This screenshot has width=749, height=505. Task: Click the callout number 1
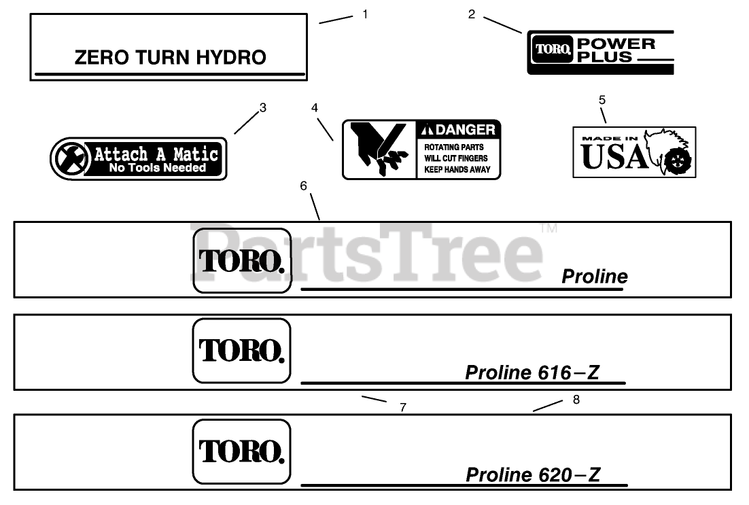coord(365,14)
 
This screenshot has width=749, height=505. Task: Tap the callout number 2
coord(472,14)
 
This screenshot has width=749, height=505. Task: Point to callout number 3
coord(263,107)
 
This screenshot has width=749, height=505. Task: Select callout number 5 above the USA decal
coord(602,100)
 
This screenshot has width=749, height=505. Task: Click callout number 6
coord(303,186)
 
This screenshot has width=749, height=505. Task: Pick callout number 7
coord(403,407)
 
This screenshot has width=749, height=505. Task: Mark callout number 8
coord(576,400)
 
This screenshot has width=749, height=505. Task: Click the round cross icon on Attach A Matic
coord(70,159)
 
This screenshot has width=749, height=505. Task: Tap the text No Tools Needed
coord(157,168)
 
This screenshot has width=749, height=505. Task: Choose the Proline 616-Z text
coord(533,372)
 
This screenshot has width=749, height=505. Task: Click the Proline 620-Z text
coord(533,474)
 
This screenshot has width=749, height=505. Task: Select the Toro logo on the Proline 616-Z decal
coord(241,351)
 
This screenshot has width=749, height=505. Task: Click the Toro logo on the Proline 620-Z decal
coord(241,451)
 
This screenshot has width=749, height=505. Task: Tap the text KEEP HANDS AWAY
coord(457,169)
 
